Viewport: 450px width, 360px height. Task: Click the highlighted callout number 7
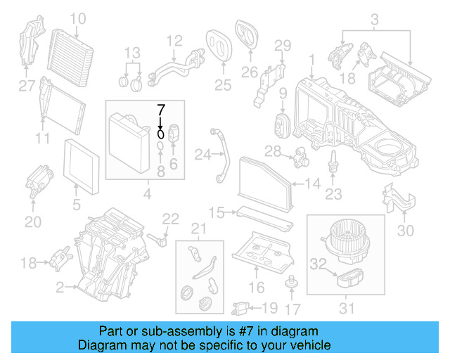pos(160,109)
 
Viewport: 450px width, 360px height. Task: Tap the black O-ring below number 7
pos(160,131)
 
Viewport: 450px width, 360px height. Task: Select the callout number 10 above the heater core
pos(77,18)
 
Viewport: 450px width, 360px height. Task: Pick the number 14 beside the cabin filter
pos(313,184)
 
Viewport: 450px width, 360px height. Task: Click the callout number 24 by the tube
pos(202,154)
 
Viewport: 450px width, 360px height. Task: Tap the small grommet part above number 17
pos(288,283)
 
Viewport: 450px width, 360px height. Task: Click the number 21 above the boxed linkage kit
pos(200,229)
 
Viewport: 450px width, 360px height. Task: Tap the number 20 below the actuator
pos(33,222)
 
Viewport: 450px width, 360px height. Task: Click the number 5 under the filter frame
pos(76,206)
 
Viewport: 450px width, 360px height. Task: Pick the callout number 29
pos(282,46)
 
